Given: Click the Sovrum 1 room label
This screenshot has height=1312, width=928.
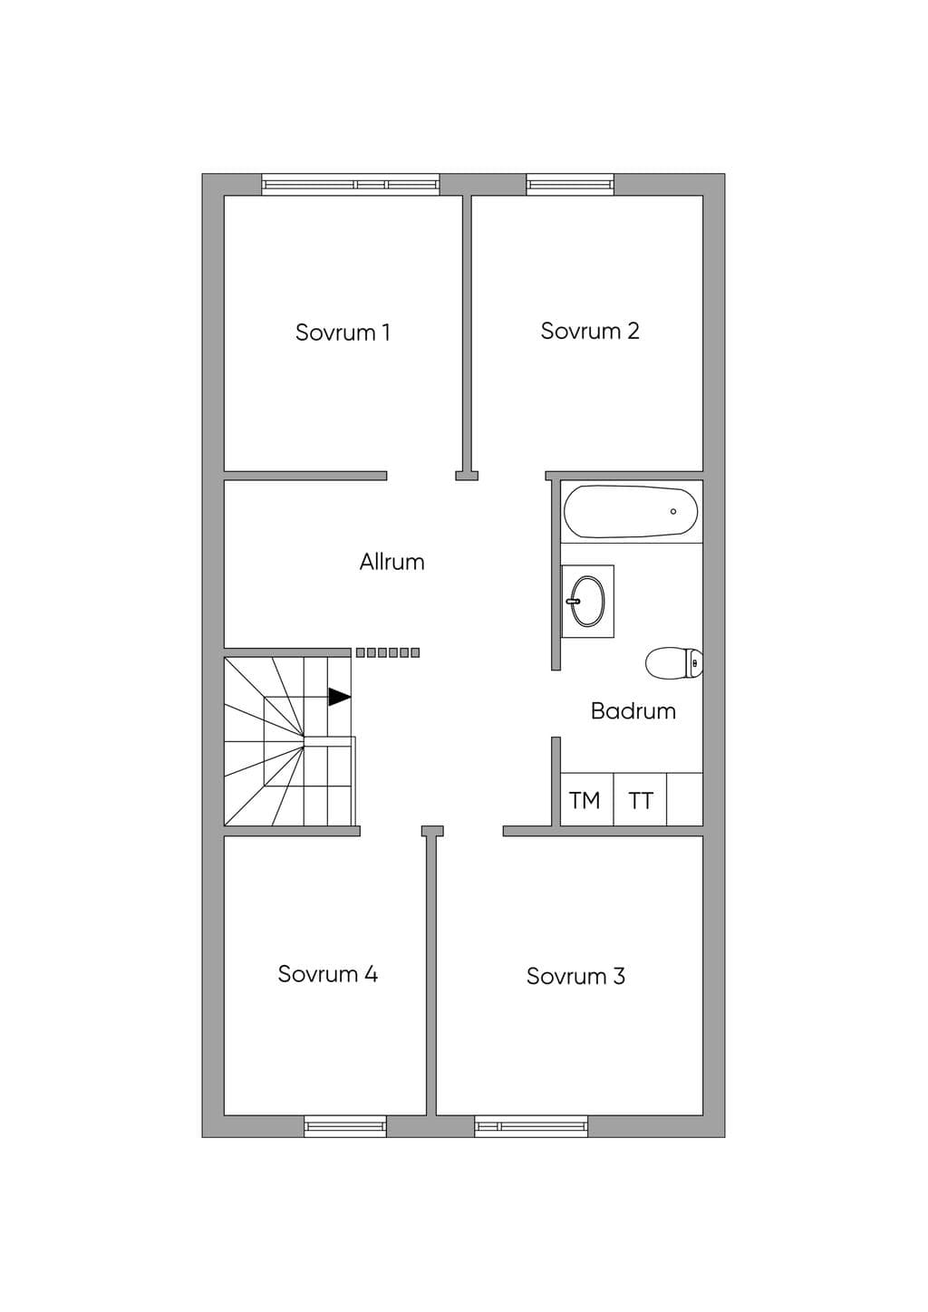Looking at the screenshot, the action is (x=343, y=333).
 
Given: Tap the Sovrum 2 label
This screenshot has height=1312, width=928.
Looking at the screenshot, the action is (x=589, y=331).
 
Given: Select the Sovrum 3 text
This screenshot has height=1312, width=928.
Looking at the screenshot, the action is (x=575, y=977).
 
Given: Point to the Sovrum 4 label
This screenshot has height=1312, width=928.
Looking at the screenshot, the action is (x=327, y=974).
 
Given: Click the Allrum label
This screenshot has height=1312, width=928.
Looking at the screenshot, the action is (x=391, y=562).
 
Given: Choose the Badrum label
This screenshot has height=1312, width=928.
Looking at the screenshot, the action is (x=633, y=711).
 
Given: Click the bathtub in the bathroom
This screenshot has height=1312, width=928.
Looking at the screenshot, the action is (x=631, y=511).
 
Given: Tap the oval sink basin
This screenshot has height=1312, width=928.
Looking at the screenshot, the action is (x=587, y=601).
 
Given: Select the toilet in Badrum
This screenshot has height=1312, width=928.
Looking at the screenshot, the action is (x=673, y=663).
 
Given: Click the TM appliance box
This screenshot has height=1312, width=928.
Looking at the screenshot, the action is (x=587, y=799).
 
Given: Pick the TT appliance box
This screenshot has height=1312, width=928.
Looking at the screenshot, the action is (x=640, y=799).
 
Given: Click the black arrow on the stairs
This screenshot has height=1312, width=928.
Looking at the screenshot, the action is (x=339, y=697).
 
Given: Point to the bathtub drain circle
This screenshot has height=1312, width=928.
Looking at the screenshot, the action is (x=673, y=511).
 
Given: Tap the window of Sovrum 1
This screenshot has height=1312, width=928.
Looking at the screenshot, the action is (x=351, y=185).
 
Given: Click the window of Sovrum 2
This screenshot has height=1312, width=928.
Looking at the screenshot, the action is (x=570, y=185).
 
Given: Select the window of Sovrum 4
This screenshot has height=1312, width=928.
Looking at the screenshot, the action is (x=345, y=1126).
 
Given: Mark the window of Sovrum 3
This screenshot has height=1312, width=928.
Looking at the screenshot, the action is (x=531, y=1126).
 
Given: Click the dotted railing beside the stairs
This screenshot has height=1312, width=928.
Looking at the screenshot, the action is (x=388, y=652).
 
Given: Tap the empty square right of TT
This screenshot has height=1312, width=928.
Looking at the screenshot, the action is (x=685, y=799).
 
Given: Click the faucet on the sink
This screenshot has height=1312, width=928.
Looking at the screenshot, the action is (x=574, y=601).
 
